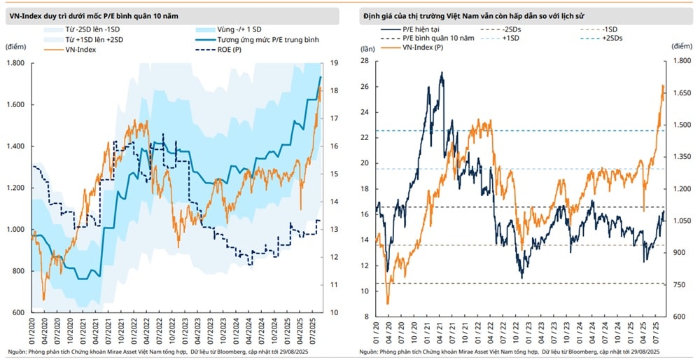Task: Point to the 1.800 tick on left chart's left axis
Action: (15, 63)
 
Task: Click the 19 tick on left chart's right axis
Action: (334, 63)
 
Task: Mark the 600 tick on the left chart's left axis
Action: (18, 312)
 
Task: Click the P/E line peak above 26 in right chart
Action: (441, 73)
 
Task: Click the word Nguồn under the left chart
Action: (17, 352)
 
